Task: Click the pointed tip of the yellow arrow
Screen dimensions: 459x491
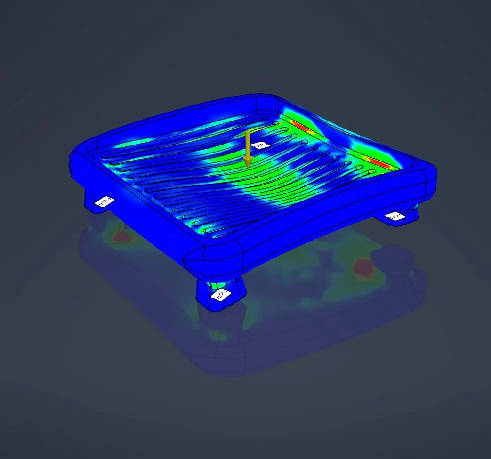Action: tap(248, 167)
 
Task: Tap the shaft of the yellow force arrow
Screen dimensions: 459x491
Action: tap(247, 144)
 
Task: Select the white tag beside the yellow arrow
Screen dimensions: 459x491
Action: tap(260, 145)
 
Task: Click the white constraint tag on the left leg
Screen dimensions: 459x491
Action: tap(104, 201)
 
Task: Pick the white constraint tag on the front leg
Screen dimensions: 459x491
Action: tap(221, 295)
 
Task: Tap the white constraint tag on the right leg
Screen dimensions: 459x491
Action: tap(394, 215)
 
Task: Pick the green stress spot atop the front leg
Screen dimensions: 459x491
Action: tap(217, 284)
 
